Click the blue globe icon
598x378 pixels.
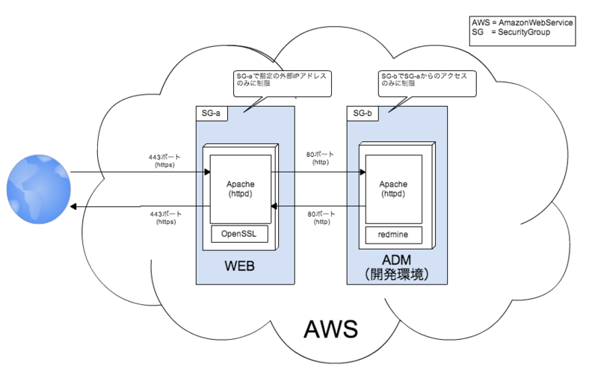[38, 188]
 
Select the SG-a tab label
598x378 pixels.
[212, 114]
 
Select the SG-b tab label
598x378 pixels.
[363, 114]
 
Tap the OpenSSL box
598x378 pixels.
[238, 235]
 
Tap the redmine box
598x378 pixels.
[392, 235]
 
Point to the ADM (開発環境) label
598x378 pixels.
[395, 267]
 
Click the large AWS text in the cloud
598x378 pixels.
[330, 329]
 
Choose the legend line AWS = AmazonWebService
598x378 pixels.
[523, 23]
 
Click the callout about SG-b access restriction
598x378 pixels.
[426, 81]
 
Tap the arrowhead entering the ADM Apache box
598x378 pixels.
[363, 172]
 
